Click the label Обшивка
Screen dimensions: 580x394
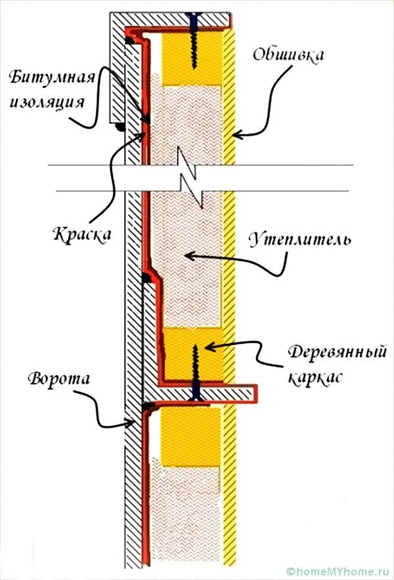click(x=288, y=54)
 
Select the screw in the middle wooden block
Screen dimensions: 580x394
click(x=195, y=371)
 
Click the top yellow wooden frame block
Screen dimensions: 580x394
click(x=194, y=59)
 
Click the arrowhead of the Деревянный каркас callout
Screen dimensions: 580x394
click(x=206, y=346)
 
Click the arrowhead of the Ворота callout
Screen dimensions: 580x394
click(x=135, y=421)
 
